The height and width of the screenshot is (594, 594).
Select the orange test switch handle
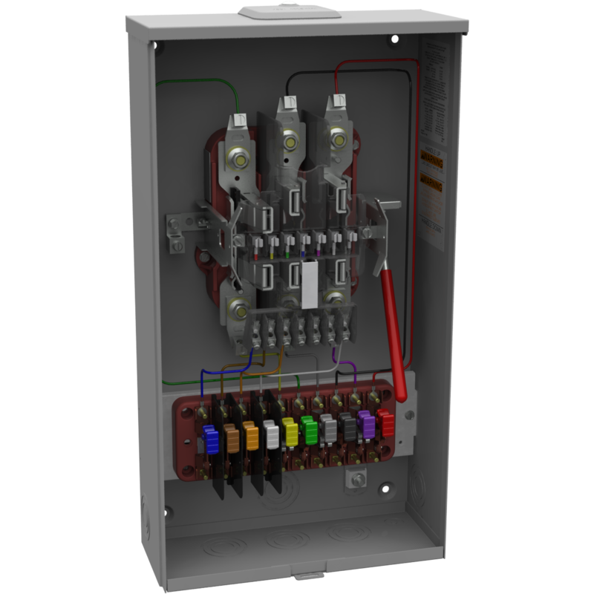(250, 437)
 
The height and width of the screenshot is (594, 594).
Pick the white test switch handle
(270, 435)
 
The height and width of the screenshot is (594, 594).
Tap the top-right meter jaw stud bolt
(339, 138)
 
